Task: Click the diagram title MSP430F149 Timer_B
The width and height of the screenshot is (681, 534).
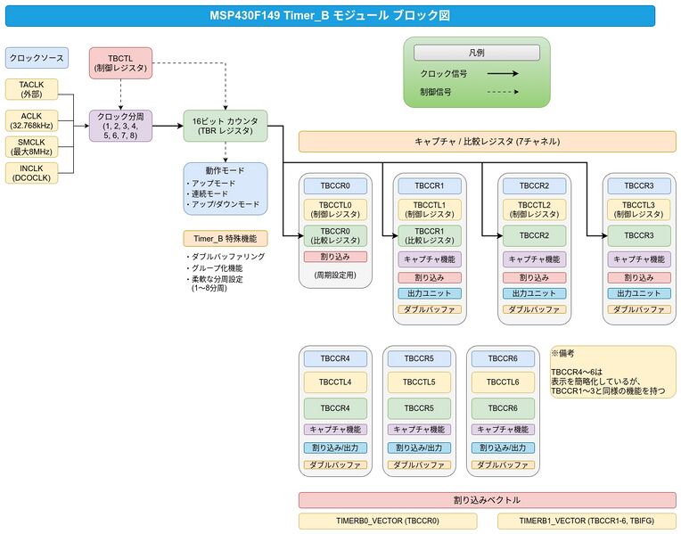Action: [x=330, y=15]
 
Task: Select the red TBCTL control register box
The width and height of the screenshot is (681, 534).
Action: [x=120, y=63]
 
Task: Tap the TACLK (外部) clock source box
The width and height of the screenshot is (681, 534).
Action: [x=31, y=89]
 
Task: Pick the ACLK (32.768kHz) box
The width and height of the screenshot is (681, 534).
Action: [x=31, y=120]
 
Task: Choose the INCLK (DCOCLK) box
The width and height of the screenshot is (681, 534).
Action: [x=31, y=172]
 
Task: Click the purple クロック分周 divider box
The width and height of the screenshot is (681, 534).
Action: [x=120, y=126]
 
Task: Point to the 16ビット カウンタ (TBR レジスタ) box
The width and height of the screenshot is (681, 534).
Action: [x=225, y=126]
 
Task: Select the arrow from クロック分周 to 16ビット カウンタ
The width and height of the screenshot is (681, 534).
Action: [x=167, y=126]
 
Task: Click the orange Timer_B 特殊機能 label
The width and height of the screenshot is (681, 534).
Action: [x=225, y=238]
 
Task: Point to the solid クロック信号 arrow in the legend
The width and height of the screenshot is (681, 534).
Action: [x=502, y=74]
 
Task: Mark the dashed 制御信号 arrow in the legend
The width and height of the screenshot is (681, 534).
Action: [x=502, y=92]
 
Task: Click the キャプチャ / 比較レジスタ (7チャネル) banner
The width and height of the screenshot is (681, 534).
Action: [x=487, y=142]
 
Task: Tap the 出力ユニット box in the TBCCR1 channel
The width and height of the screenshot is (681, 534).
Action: [x=429, y=293]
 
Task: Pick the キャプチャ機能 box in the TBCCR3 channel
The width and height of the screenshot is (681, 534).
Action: [x=639, y=259]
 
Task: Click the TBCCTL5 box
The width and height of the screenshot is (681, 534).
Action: [x=420, y=382]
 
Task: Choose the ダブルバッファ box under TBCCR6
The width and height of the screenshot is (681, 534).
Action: [x=504, y=464]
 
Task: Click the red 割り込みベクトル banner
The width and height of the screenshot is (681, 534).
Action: [x=487, y=500]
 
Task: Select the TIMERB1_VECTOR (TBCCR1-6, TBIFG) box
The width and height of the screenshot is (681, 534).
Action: [x=598, y=521]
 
